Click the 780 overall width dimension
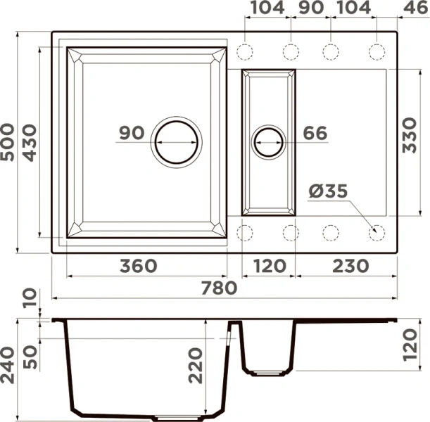click(x=219, y=288)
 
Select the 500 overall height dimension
click(x=7, y=142)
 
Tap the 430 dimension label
click(x=30, y=143)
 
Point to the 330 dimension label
click(x=410, y=135)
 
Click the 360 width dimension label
click(x=139, y=266)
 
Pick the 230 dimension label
click(x=350, y=266)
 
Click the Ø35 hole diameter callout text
click(x=328, y=191)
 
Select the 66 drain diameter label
click(x=315, y=133)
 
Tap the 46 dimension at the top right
click(x=415, y=8)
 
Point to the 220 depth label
click(x=196, y=365)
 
